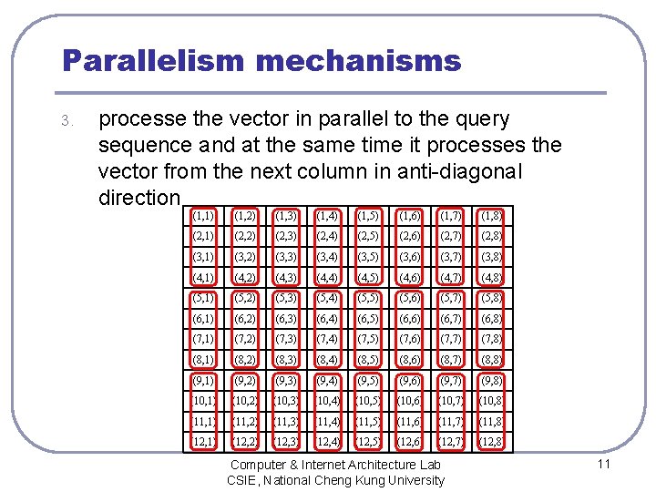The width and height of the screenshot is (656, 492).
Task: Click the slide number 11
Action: pyautogui.click(x=602, y=465)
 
